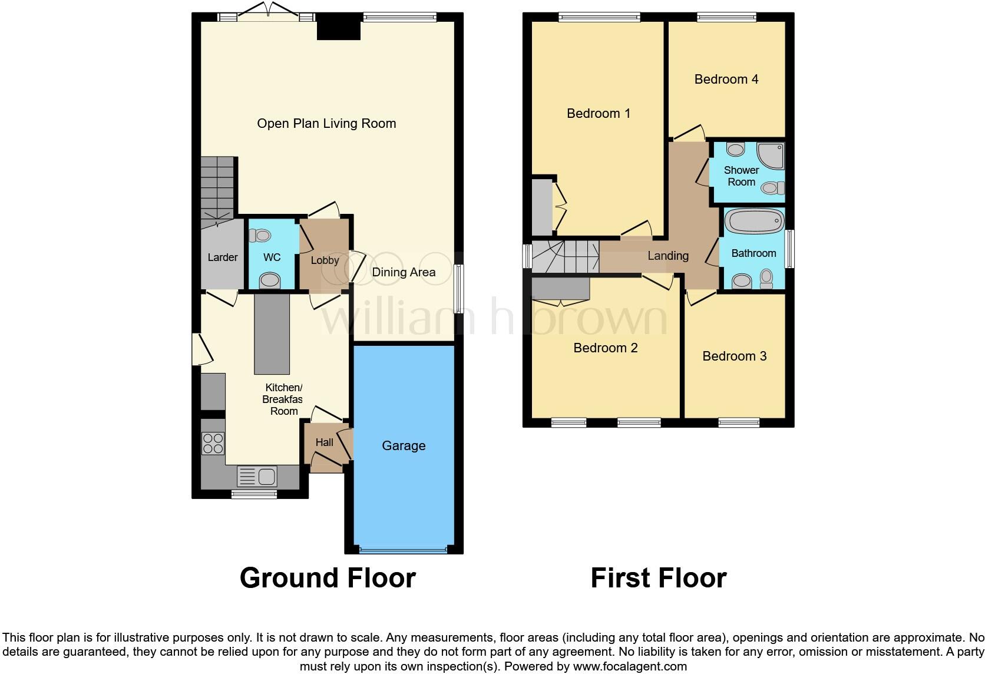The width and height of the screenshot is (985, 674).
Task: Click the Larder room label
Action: click(222, 257)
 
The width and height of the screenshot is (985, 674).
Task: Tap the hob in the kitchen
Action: click(213, 443)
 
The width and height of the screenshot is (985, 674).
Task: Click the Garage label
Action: click(404, 446)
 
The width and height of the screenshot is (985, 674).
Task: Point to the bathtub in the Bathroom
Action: click(753, 222)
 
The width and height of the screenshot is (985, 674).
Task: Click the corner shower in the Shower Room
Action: click(771, 155)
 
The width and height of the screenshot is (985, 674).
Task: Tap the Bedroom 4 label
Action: click(726, 80)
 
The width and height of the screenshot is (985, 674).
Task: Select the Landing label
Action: click(667, 256)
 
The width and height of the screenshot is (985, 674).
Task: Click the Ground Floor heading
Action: click(328, 578)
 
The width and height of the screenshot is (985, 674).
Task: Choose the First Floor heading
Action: click(658, 578)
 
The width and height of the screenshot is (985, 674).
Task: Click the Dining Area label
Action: click(404, 272)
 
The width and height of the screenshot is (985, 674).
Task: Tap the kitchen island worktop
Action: click(272, 334)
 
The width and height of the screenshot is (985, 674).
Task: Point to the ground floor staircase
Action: click(218, 189)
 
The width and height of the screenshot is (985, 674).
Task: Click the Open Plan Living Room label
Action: click(326, 124)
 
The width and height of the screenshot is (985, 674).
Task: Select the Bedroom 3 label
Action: click(734, 356)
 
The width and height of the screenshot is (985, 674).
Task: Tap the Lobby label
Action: click(325, 260)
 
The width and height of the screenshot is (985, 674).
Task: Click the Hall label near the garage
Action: click(324, 442)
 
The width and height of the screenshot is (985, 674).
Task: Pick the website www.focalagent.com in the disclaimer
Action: click(629, 667)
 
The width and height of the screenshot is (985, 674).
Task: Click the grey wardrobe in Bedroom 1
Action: click(541, 207)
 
